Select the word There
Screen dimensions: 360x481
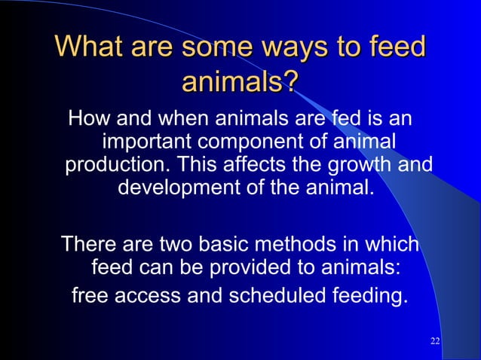(x=88, y=245)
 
